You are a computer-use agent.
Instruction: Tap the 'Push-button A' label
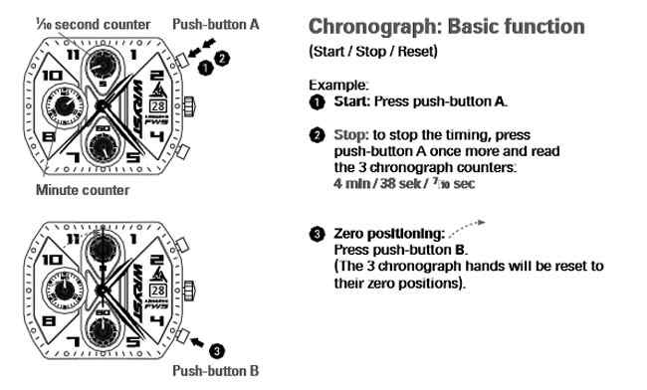(x=215, y=23)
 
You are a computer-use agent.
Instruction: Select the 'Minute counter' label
(x=82, y=189)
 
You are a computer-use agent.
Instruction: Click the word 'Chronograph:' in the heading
(x=373, y=26)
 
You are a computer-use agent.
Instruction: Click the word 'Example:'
(x=334, y=86)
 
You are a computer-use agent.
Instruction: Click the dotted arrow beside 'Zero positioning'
(x=469, y=225)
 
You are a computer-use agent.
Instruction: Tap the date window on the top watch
(x=158, y=104)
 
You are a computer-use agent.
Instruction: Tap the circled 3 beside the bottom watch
(x=219, y=349)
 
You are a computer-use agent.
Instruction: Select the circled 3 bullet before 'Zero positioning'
(x=316, y=234)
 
